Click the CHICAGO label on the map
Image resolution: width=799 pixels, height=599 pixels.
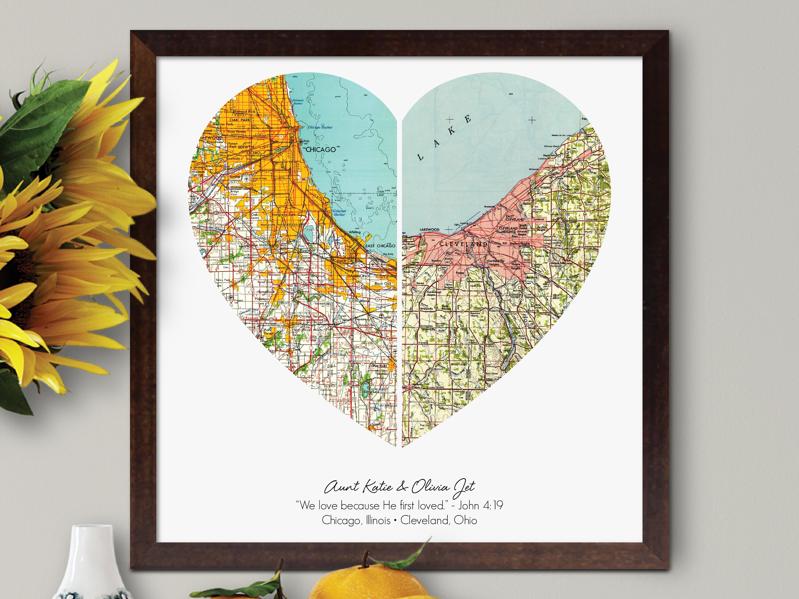click(x=320, y=149)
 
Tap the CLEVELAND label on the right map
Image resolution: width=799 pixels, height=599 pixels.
click(x=463, y=244)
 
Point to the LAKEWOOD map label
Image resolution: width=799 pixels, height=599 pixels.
click(x=430, y=230)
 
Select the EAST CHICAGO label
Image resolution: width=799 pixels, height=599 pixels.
click(x=380, y=246)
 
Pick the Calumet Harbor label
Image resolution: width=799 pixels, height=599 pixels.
click(x=339, y=213)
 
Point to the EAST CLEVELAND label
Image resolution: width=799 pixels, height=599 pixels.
click(x=515, y=218)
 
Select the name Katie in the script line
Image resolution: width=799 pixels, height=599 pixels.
click(x=377, y=487)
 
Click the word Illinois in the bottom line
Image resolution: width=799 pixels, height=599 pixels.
click(x=377, y=520)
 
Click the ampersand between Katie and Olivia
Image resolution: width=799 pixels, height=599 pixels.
click(x=401, y=487)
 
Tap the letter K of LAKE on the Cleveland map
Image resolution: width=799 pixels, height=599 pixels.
click(x=451, y=131)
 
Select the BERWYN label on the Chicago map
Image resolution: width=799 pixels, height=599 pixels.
click(x=246, y=147)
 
